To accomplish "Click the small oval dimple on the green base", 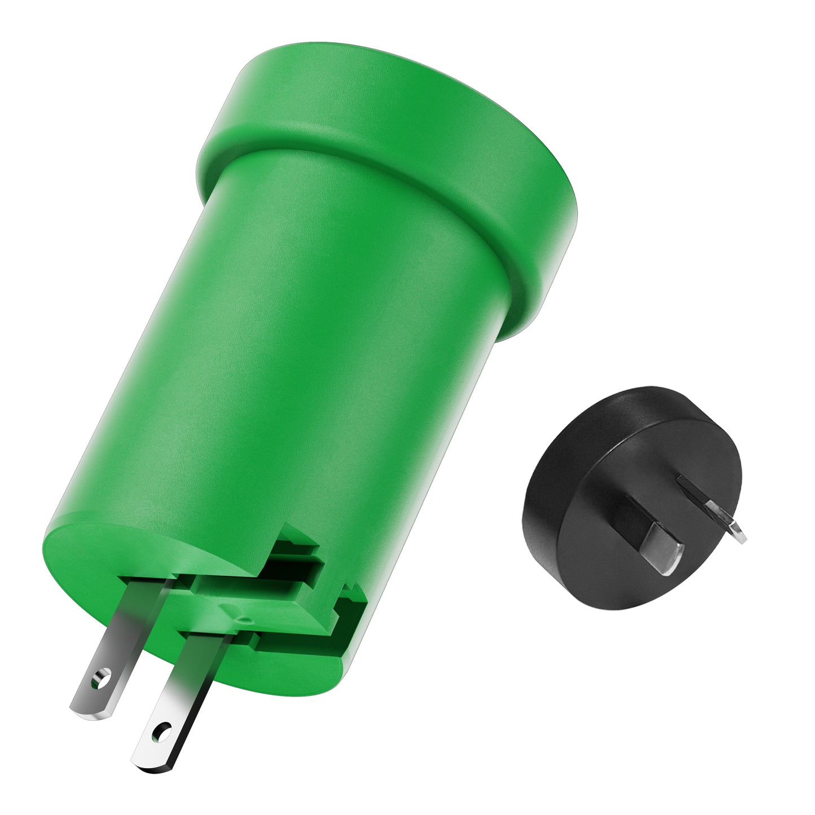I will (x=244, y=620).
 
